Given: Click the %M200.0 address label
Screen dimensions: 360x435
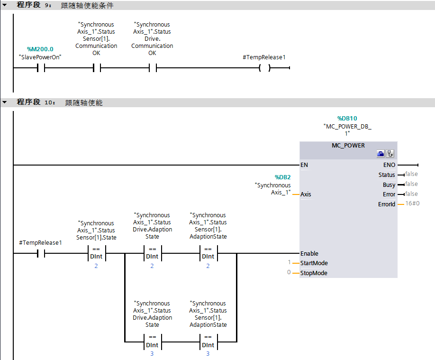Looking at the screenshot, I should pos(40,49).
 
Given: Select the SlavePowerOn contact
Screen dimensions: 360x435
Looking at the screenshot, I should pos(40,68).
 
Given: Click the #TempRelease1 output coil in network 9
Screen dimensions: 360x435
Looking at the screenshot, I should pos(264,68).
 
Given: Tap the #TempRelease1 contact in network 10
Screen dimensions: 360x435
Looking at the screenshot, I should pos(40,253).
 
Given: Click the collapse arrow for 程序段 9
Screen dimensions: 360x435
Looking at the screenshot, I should pos(4,5).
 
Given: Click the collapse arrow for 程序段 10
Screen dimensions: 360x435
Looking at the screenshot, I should pos(4,102).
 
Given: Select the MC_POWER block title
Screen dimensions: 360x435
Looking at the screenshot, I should pos(348,145).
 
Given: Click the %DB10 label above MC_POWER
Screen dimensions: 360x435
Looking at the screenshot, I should pos(347,119).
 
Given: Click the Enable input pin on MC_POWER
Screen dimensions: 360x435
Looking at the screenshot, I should pos(309,253).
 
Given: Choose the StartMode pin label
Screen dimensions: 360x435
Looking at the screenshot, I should pos(314,263).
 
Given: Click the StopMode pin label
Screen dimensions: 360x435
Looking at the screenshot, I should pos(314,273).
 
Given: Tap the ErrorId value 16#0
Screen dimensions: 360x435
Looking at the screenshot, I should pos(412,203).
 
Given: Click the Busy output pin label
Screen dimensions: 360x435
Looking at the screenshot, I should pos(389,185).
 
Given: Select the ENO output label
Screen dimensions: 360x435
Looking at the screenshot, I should pos(389,165).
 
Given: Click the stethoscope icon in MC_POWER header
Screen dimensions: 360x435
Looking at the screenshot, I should pos(390,154).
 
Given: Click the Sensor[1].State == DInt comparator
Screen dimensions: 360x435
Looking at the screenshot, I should pos(96,253).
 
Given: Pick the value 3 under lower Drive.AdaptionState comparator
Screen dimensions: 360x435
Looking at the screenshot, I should pos(152,354).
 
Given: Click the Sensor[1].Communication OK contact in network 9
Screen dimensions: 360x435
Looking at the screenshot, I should pos(96,68).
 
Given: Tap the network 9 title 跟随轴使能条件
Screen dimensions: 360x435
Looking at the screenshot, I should pos(87,6).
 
